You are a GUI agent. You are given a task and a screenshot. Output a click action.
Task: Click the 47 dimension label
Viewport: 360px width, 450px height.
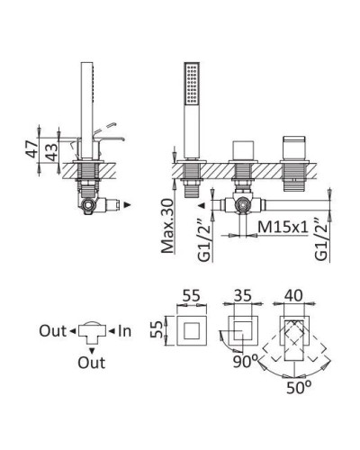(x=31, y=148)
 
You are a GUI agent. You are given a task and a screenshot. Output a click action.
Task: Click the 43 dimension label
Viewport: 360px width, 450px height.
(x=51, y=152)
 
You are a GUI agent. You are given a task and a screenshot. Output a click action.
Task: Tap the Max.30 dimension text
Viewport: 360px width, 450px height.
(x=167, y=226)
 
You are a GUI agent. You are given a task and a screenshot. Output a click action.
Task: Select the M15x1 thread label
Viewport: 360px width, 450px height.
(x=283, y=227)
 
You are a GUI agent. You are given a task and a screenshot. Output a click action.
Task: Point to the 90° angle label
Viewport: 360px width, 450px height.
(x=246, y=362)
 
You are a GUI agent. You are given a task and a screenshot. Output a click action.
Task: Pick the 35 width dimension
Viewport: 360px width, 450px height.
(x=242, y=296)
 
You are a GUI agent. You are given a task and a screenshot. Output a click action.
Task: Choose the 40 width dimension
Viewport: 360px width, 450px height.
(x=293, y=295)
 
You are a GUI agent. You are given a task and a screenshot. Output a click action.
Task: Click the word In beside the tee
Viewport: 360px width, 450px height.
(x=124, y=331)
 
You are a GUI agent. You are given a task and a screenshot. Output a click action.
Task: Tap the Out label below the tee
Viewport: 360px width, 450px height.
(x=92, y=363)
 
